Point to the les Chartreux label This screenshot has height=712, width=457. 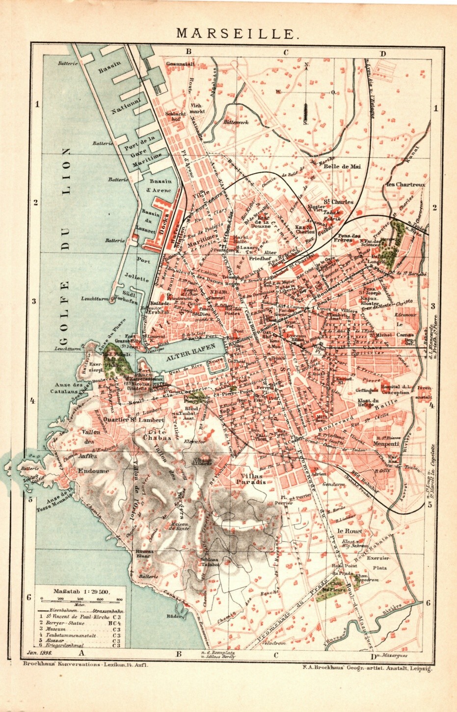click(x=405, y=184)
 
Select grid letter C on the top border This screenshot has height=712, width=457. click(x=285, y=52)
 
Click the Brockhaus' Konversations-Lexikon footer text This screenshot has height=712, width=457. click(x=85, y=664)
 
